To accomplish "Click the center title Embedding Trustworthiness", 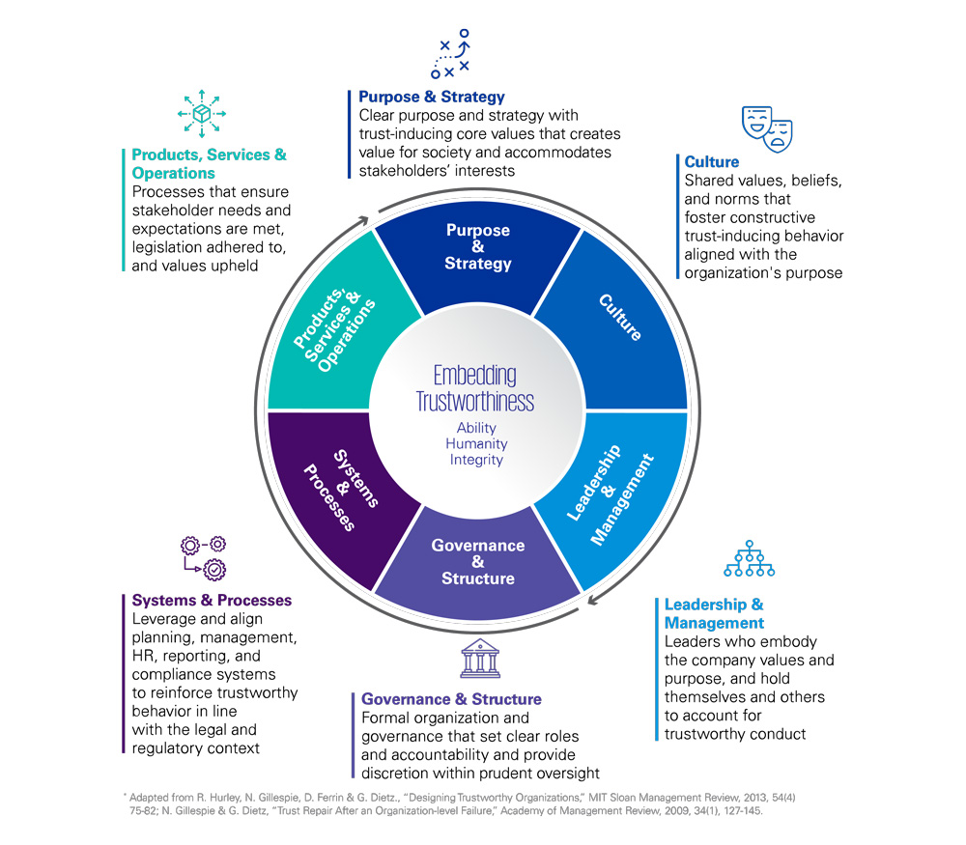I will pyautogui.click(x=475, y=388).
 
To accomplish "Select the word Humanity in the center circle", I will pyautogui.click(x=476, y=443).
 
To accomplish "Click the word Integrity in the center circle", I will pyautogui.click(x=476, y=460).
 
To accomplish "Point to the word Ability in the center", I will pyautogui.click(x=476, y=427).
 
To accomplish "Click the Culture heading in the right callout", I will pyautogui.click(x=711, y=162).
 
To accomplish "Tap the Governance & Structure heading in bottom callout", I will pyautogui.click(x=451, y=698).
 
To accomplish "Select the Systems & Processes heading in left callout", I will pyautogui.click(x=212, y=601).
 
